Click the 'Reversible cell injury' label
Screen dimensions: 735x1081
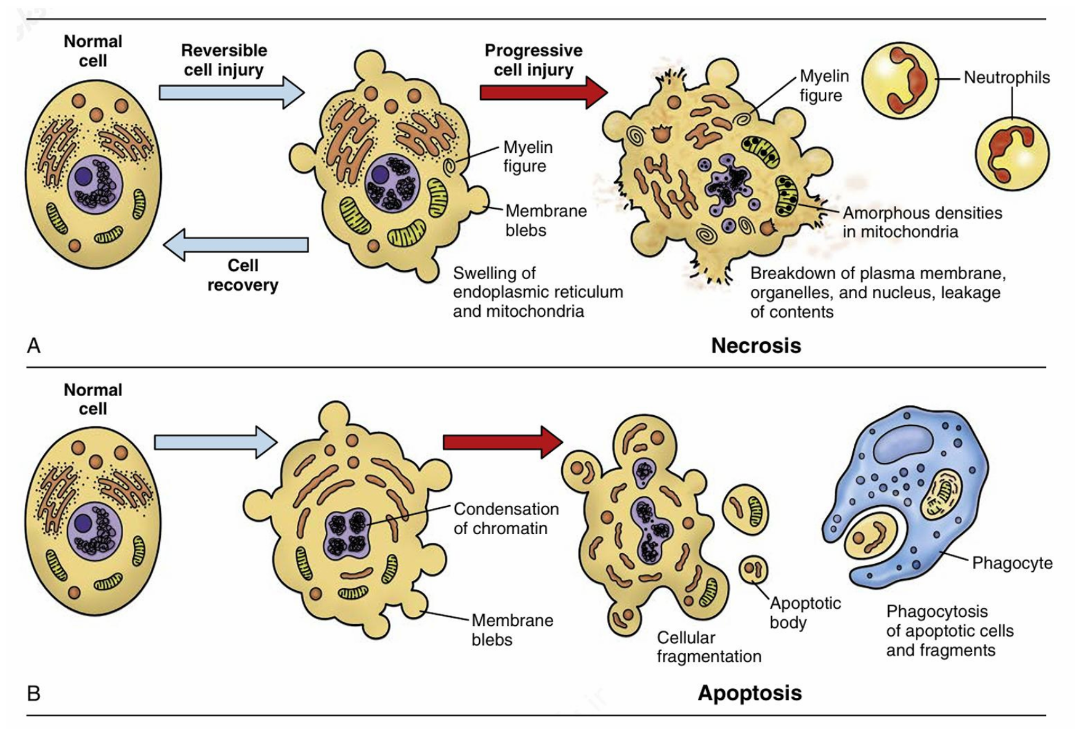[224, 60]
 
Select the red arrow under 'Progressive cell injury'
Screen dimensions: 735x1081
[543, 92]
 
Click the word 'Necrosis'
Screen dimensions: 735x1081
[756, 346]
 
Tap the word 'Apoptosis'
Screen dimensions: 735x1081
[750, 693]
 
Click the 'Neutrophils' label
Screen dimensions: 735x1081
[1006, 78]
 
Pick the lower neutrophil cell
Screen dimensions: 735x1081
[1011, 153]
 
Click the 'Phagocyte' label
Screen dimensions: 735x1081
[1012, 563]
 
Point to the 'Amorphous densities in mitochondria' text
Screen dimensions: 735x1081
[922, 222]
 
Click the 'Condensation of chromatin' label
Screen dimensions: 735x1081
[506, 519]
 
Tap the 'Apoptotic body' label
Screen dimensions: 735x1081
[804, 612]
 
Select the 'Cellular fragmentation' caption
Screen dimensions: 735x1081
[708, 647]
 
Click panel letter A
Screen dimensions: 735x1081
[34, 346]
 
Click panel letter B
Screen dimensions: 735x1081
[34, 694]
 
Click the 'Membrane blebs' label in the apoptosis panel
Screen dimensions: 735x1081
[512, 630]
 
